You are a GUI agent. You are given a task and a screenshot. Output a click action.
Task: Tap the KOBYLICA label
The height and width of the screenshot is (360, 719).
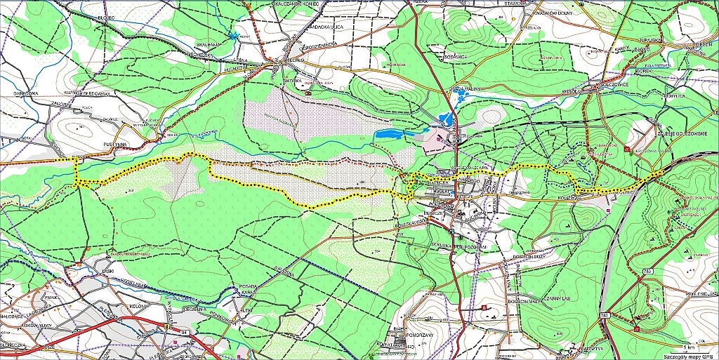[x=675, y=95]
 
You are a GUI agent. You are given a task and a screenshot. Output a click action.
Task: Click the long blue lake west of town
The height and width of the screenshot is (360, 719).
[x=394, y=133]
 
